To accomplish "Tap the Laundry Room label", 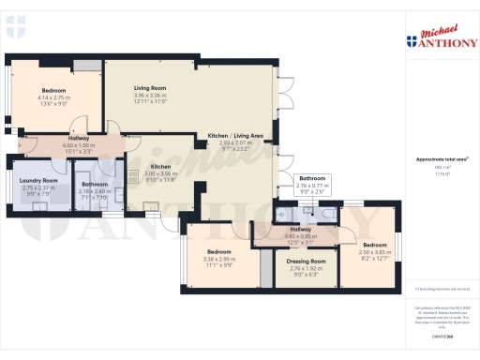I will coord(39,180).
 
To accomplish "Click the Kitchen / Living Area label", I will coord(235,136).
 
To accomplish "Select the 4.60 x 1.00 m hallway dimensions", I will coord(79,145).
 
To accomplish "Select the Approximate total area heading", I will coord(442,160).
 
